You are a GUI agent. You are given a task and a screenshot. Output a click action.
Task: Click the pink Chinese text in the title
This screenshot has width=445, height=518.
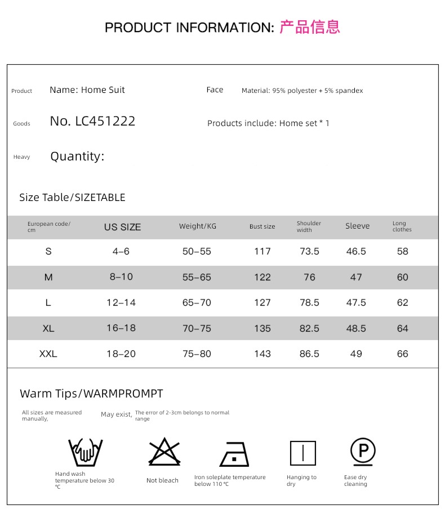click(x=309, y=27)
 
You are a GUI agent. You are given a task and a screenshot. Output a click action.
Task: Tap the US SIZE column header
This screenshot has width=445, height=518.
click(x=122, y=227)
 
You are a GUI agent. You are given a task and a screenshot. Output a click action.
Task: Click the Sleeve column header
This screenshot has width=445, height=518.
click(x=357, y=226)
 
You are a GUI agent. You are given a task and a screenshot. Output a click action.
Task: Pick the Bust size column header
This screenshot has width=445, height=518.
click(x=262, y=227)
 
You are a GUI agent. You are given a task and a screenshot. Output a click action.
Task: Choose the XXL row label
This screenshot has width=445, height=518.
click(x=48, y=354)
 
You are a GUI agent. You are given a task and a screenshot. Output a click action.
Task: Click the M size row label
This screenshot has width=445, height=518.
click(x=48, y=277)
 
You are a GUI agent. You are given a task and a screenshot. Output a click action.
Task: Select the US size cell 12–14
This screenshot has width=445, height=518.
click(x=121, y=303)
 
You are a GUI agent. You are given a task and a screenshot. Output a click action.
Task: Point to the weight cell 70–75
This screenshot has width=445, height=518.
click(x=197, y=328)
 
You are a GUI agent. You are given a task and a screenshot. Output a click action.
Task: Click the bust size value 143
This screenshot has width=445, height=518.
click(x=262, y=354)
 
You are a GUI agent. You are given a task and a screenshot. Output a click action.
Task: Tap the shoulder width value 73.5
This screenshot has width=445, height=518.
click(x=309, y=252)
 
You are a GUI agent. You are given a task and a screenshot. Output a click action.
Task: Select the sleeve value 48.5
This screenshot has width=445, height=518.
click(x=356, y=328)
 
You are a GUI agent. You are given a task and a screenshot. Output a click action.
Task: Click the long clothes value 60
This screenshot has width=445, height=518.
click(x=402, y=277)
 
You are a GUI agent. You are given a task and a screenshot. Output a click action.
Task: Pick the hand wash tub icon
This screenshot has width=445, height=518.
click(x=85, y=452)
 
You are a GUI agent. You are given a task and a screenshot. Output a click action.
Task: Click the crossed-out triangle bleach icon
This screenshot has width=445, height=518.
click(x=164, y=452)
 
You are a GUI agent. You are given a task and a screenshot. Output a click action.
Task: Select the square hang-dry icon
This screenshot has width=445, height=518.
click(x=302, y=453)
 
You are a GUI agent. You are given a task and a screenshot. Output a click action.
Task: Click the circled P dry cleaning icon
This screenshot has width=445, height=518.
click(x=363, y=452)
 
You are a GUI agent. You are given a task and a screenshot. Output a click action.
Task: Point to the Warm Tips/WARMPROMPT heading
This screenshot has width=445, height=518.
click(x=91, y=394)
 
